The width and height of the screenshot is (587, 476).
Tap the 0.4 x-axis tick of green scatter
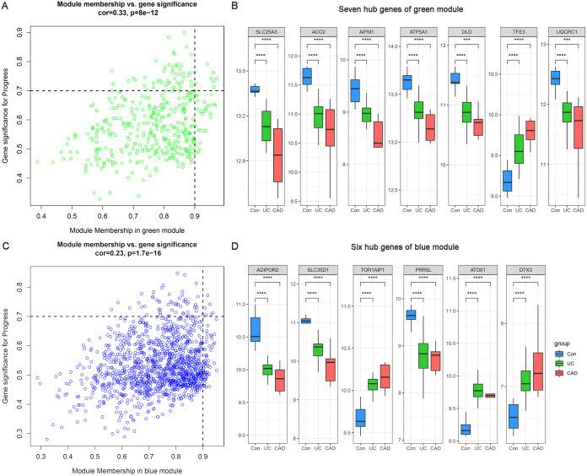[x=36, y=216]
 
